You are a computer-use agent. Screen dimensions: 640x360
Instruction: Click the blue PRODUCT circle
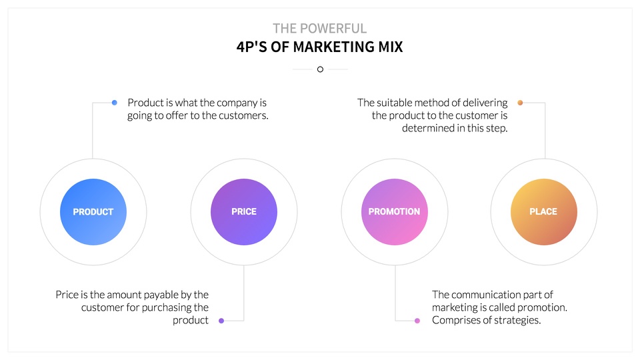click(93, 212)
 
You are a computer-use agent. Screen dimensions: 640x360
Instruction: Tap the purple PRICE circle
click(244, 212)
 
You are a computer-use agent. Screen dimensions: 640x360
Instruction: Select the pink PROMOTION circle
click(395, 212)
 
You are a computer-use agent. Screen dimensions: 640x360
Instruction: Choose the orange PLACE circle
click(544, 212)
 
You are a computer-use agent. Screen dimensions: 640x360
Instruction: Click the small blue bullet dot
click(114, 103)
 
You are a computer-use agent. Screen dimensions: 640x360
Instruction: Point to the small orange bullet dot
click(520, 103)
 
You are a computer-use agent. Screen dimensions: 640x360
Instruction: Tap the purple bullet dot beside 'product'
click(221, 321)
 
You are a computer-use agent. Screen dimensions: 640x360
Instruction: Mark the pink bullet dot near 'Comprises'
click(417, 321)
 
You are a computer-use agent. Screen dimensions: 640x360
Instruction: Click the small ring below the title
click(321, 69)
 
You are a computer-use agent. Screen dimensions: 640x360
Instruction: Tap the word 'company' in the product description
click(237, 103)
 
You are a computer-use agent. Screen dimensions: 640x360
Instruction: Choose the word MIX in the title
click(391, 47)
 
